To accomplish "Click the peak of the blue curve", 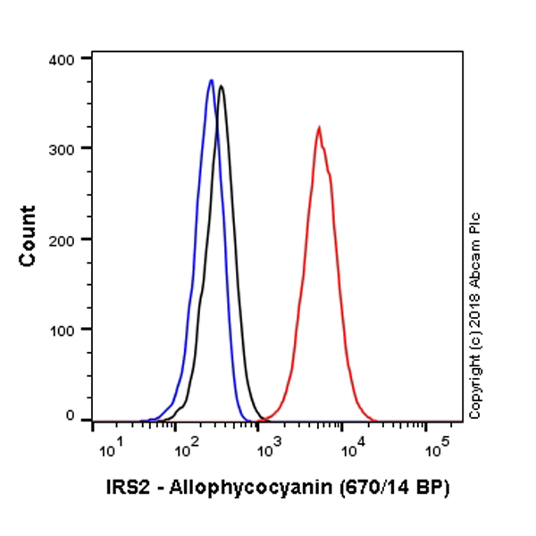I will (x=211, y=80).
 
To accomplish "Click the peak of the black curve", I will (x=221, y=86).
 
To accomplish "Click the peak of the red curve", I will (x=318, y=127).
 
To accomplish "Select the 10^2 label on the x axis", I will (x=182, y=446).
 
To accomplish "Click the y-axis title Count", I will (x=29, y=236).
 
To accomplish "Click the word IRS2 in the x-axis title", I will (x=124, y=487).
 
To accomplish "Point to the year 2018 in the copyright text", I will (x=475, y=303).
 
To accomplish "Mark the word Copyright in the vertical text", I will (x=475, y=383).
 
